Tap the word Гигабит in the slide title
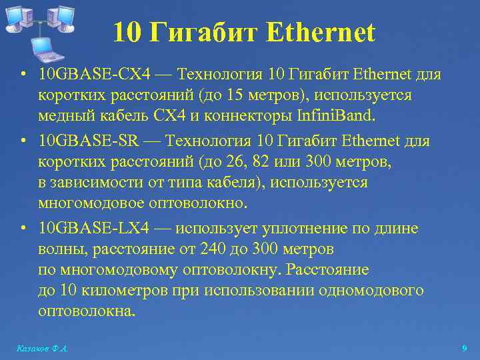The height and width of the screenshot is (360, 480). (205, 32)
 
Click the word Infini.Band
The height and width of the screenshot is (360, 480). (337, 117)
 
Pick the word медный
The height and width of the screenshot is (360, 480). (66, 117)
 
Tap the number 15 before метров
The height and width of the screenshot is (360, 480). (234, 95)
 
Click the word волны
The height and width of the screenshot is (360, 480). (59, 250)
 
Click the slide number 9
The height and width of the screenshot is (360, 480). (464, 348)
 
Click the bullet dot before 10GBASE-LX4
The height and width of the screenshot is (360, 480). (23, 229)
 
